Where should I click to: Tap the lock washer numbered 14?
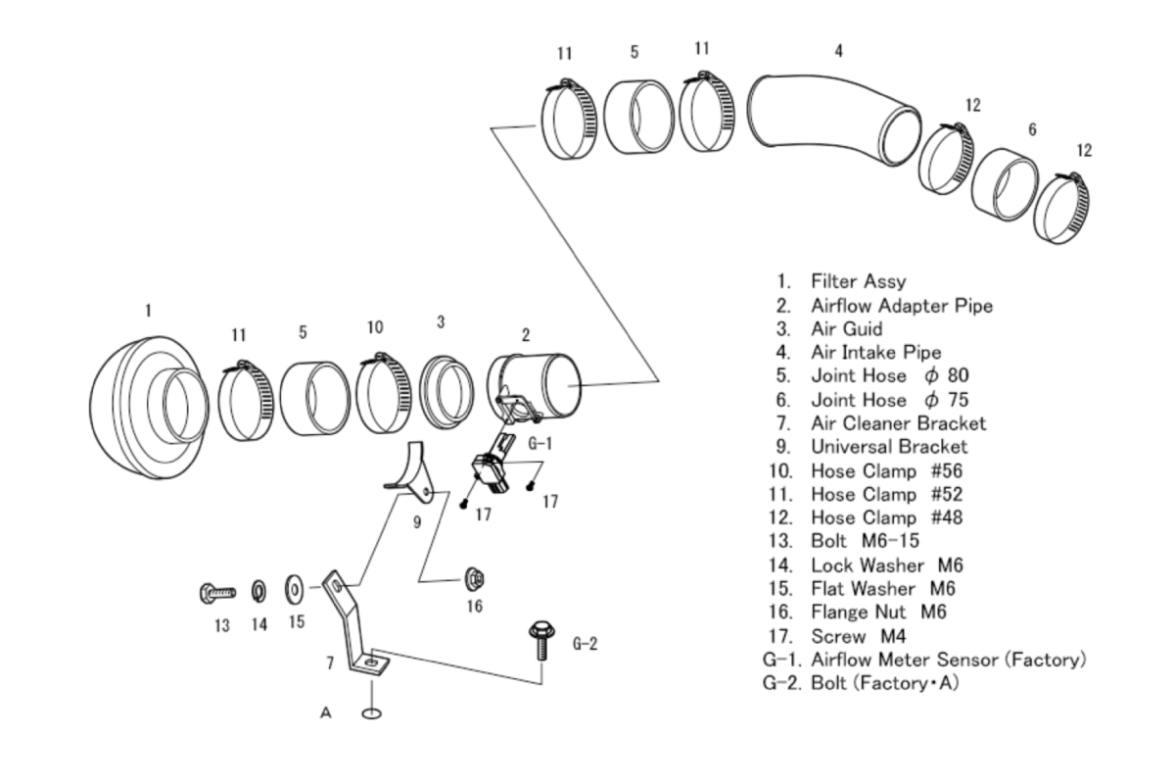[258, 590]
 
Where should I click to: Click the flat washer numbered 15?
[295, 590]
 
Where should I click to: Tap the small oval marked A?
[371, 712]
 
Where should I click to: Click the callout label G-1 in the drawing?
[540, 443]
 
